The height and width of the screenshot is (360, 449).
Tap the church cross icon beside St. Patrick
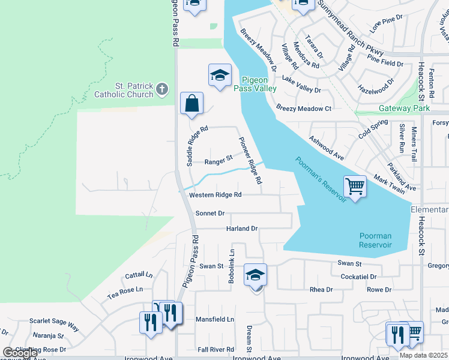click(x=161, y=90)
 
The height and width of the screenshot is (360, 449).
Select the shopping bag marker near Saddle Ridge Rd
click(x=191, y=104)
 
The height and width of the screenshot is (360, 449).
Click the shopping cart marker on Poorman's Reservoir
click(x=355, y=187)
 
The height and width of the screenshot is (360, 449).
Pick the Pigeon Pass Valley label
click(x=259, y=84)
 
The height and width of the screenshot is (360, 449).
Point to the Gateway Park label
click(x=404, y=109)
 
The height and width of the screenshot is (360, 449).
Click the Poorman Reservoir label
click(x=375, y=240)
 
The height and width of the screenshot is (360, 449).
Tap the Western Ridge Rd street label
click(x=215, y=195)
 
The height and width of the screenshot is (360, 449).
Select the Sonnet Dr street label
click(x=210, y=213)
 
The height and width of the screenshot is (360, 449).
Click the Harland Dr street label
click(x=241, y=229)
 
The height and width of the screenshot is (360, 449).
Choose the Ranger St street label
click(x=218, y=161)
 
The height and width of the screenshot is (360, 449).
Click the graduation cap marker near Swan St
click(x=255, y=276)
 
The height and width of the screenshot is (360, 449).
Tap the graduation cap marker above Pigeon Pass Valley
click(x=220, y=76)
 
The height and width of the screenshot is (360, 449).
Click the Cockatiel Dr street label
click(x=358, y=277)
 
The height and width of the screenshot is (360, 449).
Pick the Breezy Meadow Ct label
click(x=304, y=109)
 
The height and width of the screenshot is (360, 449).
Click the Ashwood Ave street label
click(x=326, y=147)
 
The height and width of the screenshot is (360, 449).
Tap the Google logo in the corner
click(x=20, y=353)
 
